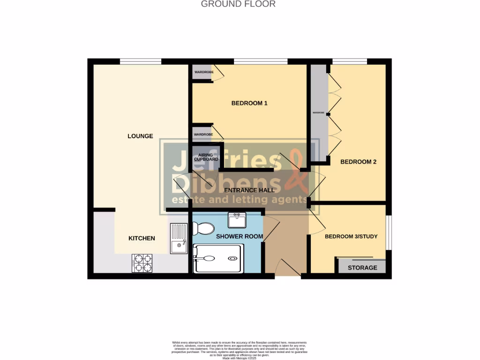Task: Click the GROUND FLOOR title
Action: [238, 4]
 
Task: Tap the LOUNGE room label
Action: [140, 136]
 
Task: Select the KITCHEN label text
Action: [142, 238]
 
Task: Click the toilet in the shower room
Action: [203, 229]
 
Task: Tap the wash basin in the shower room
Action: [237, 219]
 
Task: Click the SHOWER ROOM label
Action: [239, 236]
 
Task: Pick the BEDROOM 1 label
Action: [249, 103]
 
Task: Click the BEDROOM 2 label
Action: [358, 162]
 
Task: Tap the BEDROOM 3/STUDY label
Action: [351, 236]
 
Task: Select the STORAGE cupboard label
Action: [362, 268]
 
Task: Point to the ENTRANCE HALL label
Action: [249, 190]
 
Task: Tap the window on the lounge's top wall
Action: [141, 61]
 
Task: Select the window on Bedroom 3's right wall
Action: [389, 232]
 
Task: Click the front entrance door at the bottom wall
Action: [288, 269]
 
